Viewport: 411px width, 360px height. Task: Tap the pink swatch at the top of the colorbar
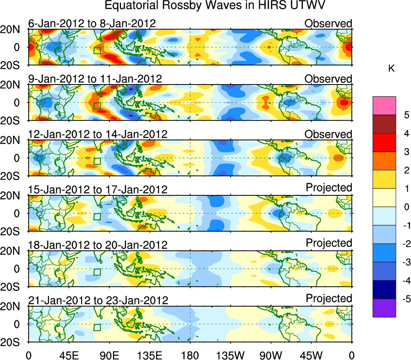(384, 106)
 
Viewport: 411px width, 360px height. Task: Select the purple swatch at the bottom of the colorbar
(384, 308)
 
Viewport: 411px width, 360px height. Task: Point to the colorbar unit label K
(391, 69)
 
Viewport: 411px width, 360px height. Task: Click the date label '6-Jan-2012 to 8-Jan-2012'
(92, 23)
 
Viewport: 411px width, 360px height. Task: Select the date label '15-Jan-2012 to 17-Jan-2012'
(98, 189)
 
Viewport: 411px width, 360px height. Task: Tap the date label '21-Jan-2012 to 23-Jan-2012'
(98, 300)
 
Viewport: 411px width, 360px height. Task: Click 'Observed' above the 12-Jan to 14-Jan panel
(328, 134)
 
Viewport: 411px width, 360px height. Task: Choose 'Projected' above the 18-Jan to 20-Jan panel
(329, 243)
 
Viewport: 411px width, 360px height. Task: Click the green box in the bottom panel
(97, 327)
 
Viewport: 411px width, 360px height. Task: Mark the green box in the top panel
(97, 50)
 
